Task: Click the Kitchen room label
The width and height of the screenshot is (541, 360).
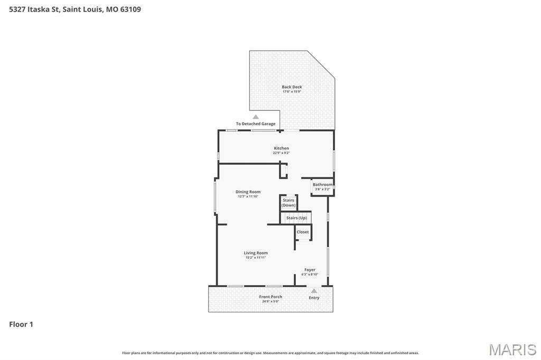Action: point(281,148)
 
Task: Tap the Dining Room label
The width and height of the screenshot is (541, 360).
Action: point(248,192)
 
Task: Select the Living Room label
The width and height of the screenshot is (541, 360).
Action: point(256,253)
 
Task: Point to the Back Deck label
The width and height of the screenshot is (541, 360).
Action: point(292,87)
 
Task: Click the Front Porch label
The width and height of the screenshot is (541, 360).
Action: point(270,297)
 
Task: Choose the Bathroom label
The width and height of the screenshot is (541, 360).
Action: point(322,185)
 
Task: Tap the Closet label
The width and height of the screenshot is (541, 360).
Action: point(303,232)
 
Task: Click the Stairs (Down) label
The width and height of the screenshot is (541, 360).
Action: point(288,203)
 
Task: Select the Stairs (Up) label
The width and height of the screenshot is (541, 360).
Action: point(296,218)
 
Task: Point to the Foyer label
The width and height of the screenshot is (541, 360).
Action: point(310,270)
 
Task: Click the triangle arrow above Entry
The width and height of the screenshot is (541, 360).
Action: point(314,290)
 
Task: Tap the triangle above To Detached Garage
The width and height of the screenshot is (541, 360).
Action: point(256,117)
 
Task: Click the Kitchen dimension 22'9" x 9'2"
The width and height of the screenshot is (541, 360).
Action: point(281,153)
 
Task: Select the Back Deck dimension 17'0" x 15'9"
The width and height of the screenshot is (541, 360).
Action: point(292,92)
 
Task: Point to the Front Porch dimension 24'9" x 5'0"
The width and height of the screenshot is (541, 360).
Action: point(270,301)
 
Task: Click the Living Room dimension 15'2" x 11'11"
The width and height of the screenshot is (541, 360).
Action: point(256,258)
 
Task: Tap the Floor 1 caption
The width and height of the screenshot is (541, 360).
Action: point(21,325)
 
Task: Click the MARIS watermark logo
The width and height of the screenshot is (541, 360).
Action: point(512,349)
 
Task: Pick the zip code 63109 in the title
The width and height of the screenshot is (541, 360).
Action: point(130,9)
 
